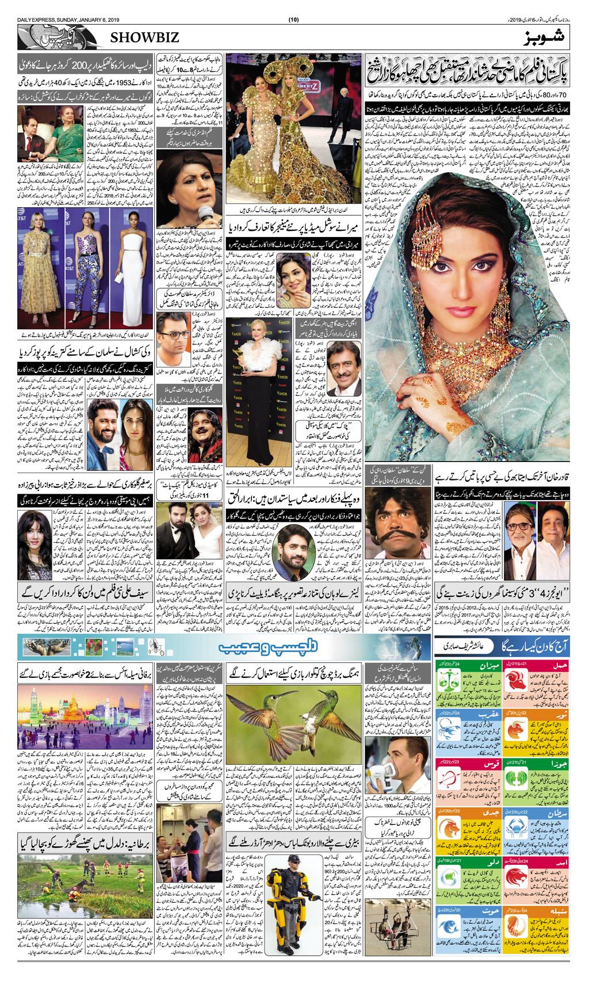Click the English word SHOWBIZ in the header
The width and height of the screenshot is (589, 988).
click(141, 37)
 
